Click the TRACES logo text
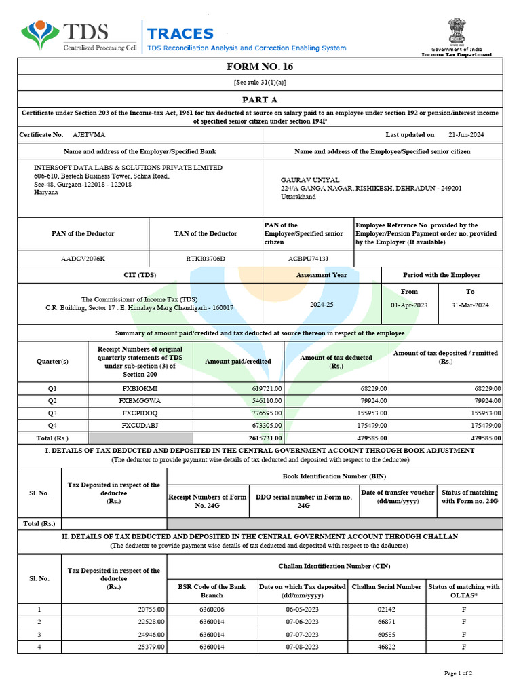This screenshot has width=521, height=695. (x=180, y=34)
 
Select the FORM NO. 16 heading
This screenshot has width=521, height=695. (x=260, y=67)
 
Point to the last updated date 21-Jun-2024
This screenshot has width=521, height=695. (x=467, y=135)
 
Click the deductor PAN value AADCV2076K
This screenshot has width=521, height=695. (x=83, y=259)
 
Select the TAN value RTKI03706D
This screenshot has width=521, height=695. (x=205, y=259)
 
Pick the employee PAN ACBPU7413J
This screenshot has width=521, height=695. (x=308, y=259)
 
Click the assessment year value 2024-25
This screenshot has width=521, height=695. (x=322, y=305)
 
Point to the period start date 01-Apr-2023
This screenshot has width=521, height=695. (x=409, y=305)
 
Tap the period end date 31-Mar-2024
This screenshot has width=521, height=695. (x=469, y=305)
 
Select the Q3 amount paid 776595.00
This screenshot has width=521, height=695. (x=264, y=413)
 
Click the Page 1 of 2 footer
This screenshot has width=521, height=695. (x=458, y=673)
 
